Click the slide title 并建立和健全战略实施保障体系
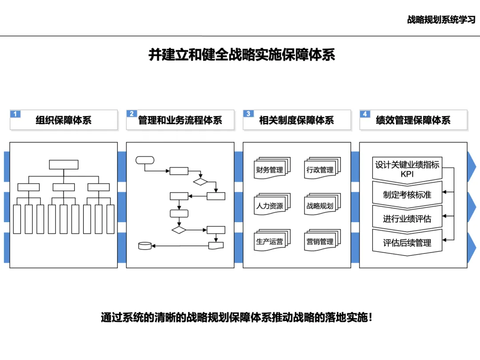241,55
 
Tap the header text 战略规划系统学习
441,20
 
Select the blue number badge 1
15,114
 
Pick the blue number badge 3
248,114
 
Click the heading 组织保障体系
64,120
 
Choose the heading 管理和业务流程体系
180,120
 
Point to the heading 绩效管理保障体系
413,120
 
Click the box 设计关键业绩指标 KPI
407,169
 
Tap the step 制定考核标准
407,195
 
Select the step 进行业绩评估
407,219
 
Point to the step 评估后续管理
407,243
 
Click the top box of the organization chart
64,164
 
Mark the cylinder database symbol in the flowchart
145,246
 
